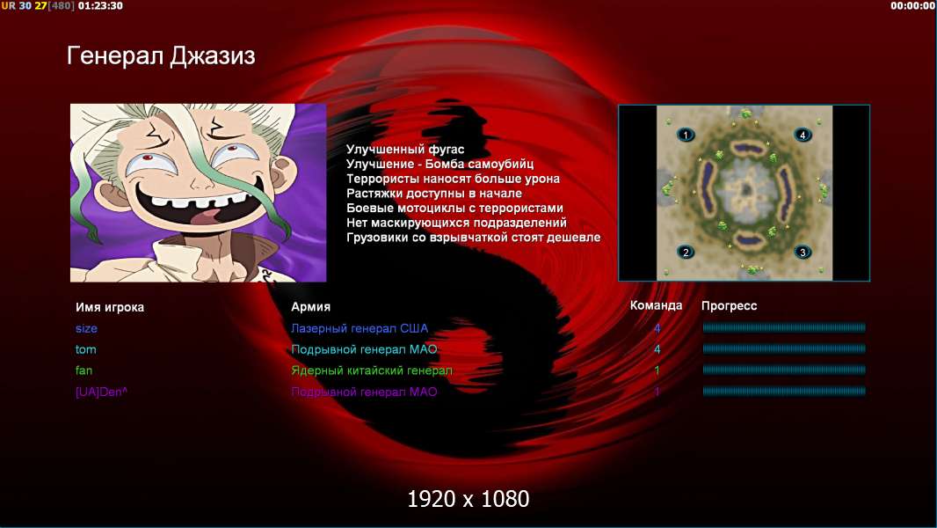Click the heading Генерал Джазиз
tap(161, 56)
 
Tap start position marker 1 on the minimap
tap(686, 135)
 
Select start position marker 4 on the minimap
tap(803, 135)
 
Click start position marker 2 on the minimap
tap(686, 252)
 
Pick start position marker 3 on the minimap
tap(803, 252)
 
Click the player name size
tap(86, 328)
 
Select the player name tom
tap(85, 349)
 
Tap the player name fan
tap(84, 370)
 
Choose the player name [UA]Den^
tap(101, 392)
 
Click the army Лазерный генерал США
tap(360, 328)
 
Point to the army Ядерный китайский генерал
tap(371, 370)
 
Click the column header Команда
tap(656, 305)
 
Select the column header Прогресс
tap(729, 306)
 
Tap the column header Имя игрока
tap(109, 307)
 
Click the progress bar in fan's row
tap(783, 370)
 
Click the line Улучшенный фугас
tap(405, 150)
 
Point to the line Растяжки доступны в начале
tap(434, 193)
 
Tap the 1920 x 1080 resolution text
tap(468, 499)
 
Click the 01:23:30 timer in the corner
tap(100, 6)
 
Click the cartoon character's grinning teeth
tap(197, 202)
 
